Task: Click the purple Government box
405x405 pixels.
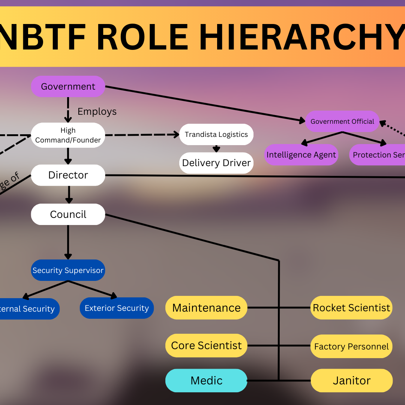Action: click(68, 87)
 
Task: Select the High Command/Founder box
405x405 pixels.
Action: click(68, 135)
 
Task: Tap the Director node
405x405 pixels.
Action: click(68, 175)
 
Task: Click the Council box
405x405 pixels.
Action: click(68, 214)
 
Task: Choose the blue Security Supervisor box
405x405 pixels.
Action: click(68, 270)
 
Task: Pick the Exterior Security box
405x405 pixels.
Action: click(117, 308)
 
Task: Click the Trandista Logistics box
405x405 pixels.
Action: click(216, 135)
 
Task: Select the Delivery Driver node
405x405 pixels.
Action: click(216, 163)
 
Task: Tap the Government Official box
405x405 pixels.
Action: click(342, 121)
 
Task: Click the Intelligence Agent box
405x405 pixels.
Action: click(301, 155)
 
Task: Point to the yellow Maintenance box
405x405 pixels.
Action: click(206, 308)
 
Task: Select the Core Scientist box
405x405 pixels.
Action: click(206, 345)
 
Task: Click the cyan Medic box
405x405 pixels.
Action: click(206, 381)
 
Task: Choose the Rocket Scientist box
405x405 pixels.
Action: click(351, 308)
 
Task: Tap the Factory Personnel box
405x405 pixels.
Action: click(351, 346)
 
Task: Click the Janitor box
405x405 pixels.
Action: click(351, 381)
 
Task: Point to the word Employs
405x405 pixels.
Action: click(97, 112)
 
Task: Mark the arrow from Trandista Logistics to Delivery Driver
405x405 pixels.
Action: click(216, 148)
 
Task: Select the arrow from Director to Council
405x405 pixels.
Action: click(68, 195)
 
